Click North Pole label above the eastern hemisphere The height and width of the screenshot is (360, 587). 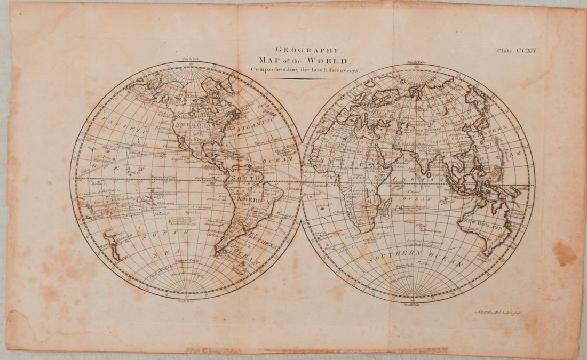415,62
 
